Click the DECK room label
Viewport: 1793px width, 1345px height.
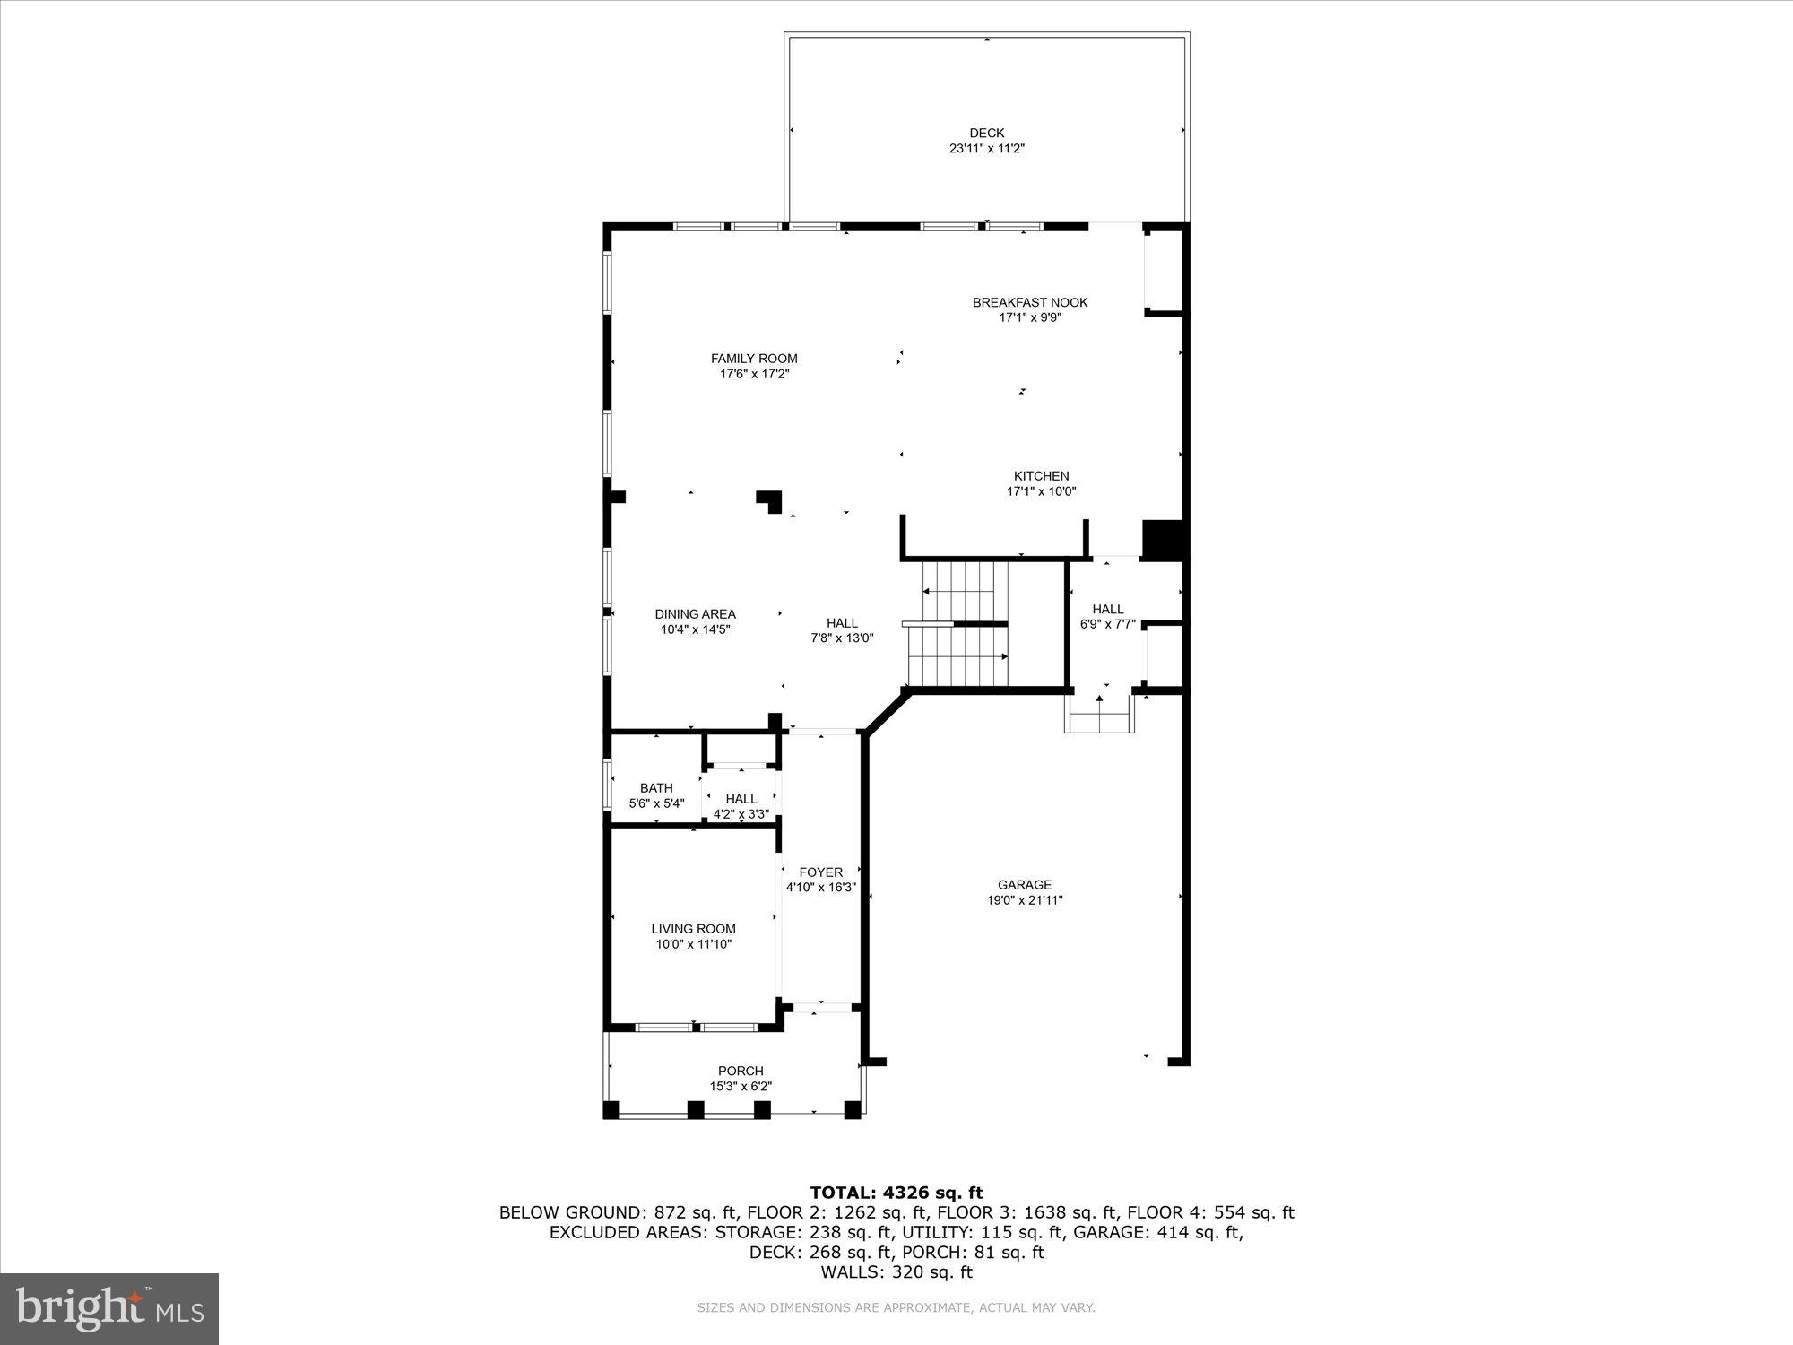point(986,133)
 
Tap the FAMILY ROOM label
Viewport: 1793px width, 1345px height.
point(754,359)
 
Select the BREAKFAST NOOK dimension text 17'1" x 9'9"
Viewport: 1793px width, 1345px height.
point(1030,317)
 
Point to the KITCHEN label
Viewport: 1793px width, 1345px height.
point(1041,476)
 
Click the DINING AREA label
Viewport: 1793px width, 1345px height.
point(695,614)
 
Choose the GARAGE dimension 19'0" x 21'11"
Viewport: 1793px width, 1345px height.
point(1024,900)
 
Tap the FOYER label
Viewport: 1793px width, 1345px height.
point(820,872)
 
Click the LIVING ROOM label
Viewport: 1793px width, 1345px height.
point(693,929)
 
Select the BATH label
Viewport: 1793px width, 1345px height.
point(656,788)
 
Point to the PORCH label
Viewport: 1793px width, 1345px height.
point(741,1071)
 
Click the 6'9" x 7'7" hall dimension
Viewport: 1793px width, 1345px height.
point(1108,624)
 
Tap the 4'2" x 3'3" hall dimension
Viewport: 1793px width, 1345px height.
point(741,814)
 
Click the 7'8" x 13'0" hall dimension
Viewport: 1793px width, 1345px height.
point(841,638)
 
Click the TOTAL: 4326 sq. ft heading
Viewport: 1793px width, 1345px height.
point(896,1193)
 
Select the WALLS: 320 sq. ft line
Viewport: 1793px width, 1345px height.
point(896,1271)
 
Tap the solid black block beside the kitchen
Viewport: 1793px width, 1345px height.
point(1163,540)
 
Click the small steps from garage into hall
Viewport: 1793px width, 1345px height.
point(1099,715)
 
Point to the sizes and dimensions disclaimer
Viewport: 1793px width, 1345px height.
point(896,1308)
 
